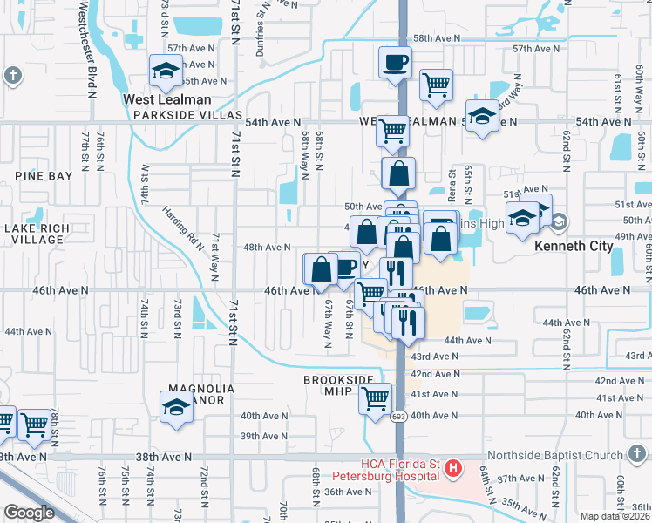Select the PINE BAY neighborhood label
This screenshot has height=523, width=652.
coord(44,176)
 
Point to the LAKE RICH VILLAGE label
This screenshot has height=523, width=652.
coord(33,234)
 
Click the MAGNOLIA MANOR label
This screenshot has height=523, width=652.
coord(197,394)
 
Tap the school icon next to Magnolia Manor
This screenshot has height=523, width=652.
coord(176,407)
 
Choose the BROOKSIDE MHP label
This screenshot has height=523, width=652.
coord(338,385)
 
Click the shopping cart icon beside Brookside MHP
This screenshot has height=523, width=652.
coord(376,399)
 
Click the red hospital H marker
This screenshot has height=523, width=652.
coord(452,470)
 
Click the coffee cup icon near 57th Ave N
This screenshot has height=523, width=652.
coord(394,62)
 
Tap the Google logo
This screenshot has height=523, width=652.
coord(30,513)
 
